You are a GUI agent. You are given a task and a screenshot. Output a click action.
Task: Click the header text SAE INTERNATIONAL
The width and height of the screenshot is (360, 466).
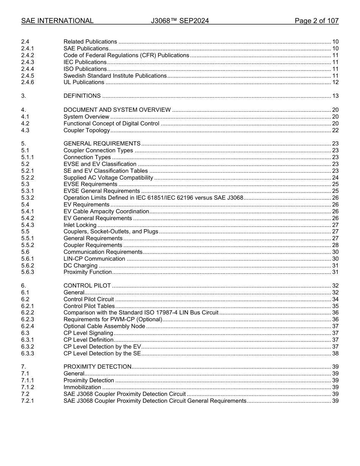(57, 21)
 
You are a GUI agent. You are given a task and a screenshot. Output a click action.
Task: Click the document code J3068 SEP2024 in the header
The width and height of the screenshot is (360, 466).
(180, 21)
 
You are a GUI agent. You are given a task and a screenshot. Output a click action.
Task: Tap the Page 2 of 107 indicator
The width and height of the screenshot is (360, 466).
(316, 21)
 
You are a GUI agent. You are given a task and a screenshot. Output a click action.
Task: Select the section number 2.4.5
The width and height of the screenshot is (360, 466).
(28, 76)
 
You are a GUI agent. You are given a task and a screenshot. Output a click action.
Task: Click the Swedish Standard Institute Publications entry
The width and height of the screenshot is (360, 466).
(115, 76)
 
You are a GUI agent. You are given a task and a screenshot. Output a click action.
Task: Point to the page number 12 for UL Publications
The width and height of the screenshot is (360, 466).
(335, 82)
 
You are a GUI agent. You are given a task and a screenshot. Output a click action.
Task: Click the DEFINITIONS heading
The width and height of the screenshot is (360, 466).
(82, 96)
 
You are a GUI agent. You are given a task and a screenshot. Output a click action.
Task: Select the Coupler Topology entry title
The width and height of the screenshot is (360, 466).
(86, 130)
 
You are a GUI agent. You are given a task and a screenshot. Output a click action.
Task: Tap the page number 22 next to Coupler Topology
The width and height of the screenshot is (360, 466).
(335, 130)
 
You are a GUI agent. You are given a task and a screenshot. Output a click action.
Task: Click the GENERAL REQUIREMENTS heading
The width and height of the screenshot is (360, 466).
(102, 144)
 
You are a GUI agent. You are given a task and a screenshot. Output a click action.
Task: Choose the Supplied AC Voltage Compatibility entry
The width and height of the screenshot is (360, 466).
(108, 178)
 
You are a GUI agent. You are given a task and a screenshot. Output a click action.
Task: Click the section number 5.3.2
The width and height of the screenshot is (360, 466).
(28, 198)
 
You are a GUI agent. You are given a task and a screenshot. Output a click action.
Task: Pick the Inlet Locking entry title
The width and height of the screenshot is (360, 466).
(80, 225)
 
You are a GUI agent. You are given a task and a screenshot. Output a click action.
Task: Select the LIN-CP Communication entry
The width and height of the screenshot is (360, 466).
(94, 259)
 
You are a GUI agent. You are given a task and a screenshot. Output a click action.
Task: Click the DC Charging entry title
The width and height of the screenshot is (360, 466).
(80, 266)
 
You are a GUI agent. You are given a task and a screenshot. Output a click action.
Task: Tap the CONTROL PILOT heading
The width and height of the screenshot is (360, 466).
(87, 286)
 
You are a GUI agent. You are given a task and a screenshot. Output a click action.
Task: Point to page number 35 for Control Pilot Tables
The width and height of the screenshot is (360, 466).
(335, 306)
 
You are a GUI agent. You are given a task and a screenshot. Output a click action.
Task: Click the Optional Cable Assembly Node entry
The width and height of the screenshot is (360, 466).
(104, 326)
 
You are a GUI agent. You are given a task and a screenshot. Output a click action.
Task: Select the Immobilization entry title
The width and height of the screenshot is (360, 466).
(82, 387)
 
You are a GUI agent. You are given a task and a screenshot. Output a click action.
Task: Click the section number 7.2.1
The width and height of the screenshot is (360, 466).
(28, 401)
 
